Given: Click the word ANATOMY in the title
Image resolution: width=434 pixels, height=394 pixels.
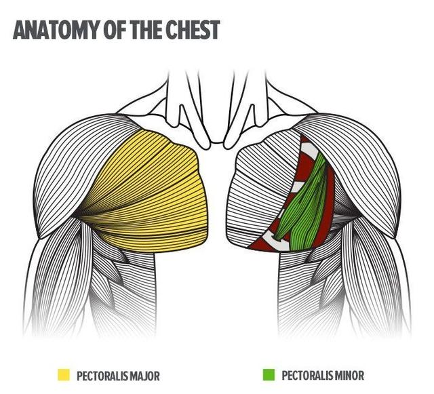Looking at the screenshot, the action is (56, 29).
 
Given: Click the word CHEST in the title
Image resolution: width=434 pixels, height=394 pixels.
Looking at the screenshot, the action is (191, 29).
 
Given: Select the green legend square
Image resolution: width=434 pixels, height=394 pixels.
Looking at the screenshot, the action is (269, 374).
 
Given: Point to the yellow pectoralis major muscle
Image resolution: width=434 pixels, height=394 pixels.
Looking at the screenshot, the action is (149, 194).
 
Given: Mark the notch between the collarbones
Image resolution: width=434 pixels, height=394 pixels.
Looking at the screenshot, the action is (218, 142).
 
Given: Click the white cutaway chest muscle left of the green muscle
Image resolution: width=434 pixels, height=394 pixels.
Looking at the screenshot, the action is (258, 194).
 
